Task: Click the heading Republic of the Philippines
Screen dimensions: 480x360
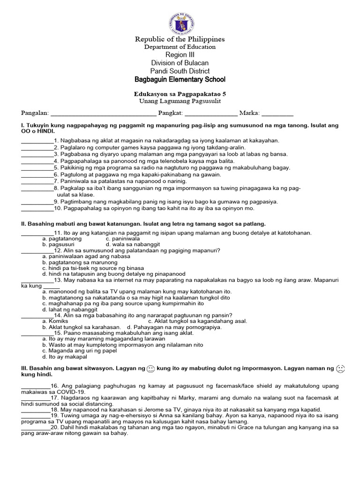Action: click(180, 39)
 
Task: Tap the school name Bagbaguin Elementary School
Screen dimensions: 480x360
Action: click(180, 79)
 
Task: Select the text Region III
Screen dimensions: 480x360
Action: click(180, 55)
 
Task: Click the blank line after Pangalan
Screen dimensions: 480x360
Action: click(103, 113)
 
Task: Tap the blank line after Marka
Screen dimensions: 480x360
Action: click(277, 113)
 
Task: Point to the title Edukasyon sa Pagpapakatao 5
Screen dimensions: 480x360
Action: click(180, 94)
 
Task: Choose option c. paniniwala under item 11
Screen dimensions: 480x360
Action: click(123, 239)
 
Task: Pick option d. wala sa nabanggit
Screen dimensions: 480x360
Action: click(133, 244)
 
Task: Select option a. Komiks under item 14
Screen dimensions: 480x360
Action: click(55, 321)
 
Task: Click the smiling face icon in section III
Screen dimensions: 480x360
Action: click(151, 369)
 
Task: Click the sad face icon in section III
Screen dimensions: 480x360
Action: click(340, 369)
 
